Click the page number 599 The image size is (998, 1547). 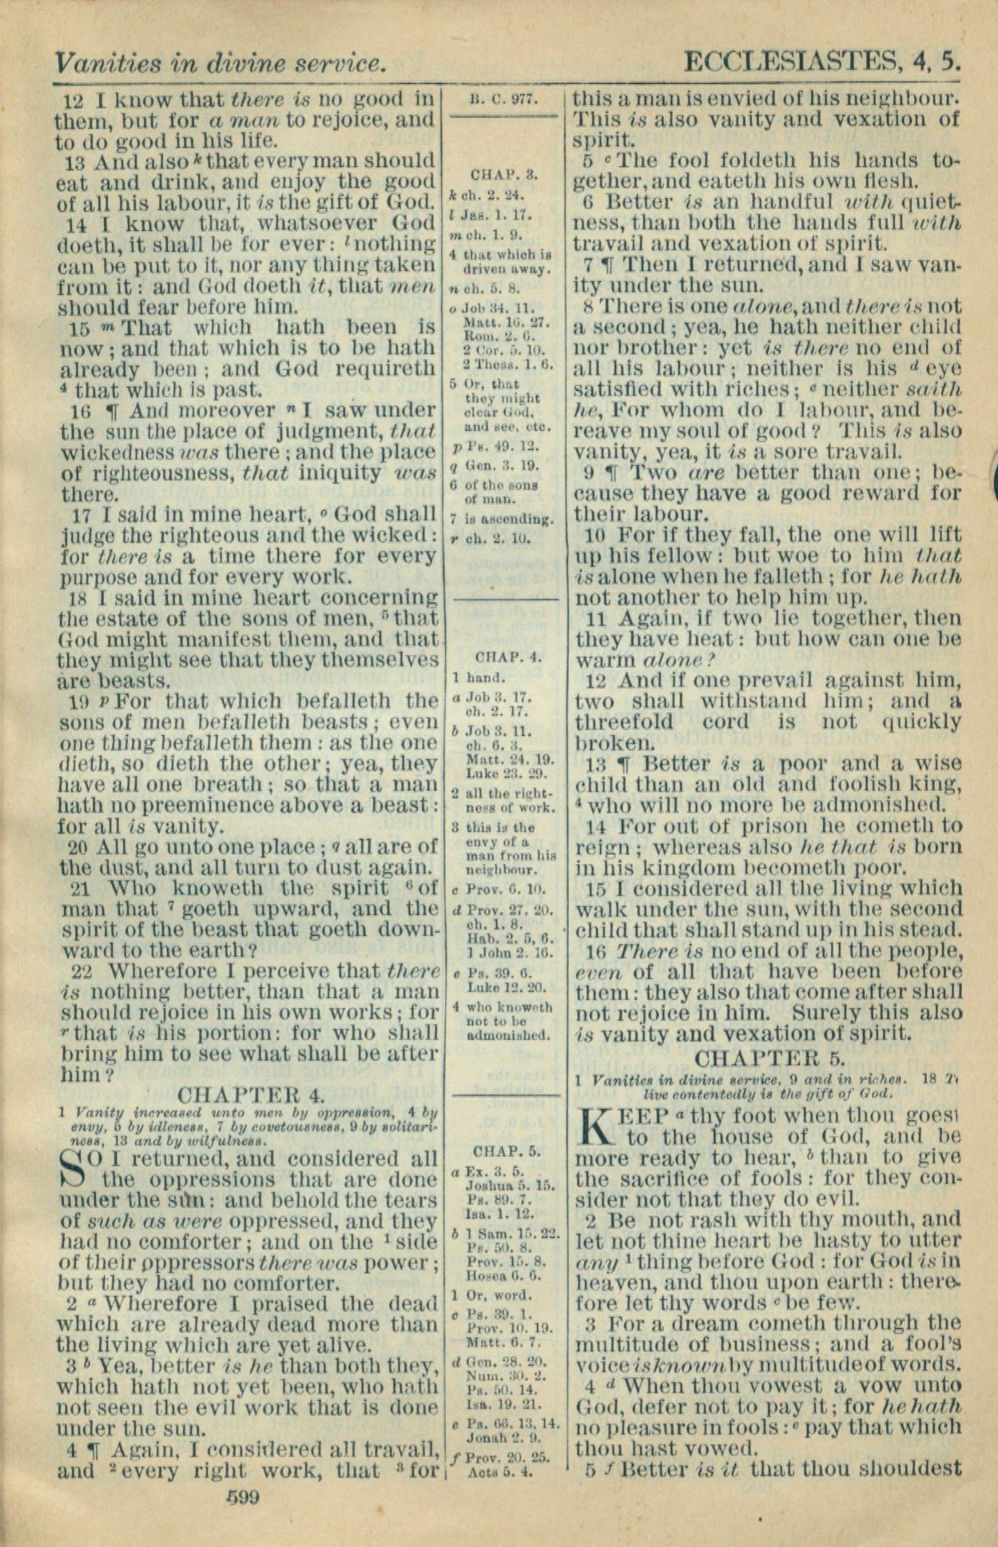point(243,1497)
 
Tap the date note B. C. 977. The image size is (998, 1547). point(503,101)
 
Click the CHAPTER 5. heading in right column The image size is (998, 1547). point(769,1058)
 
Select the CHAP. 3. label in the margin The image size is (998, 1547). point(504,173)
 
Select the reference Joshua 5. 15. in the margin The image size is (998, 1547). point(511,1186)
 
